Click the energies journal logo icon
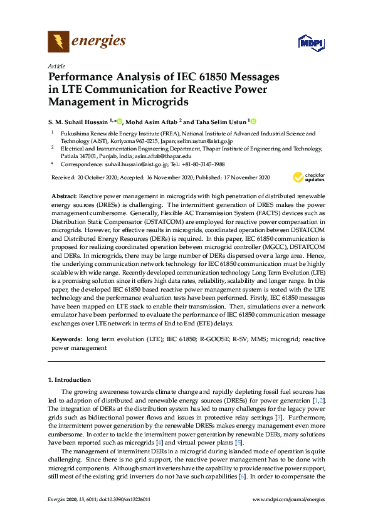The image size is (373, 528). click(x=58, y=42)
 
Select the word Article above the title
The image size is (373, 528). click(x=56, y=66)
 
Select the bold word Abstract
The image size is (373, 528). click(x=64, y=196)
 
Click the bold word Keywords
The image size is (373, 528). click(x=66, y=339)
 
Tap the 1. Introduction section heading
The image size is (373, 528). click(x=70, y=380)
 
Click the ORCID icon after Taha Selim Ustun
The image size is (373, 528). click(x=254, y=121)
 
